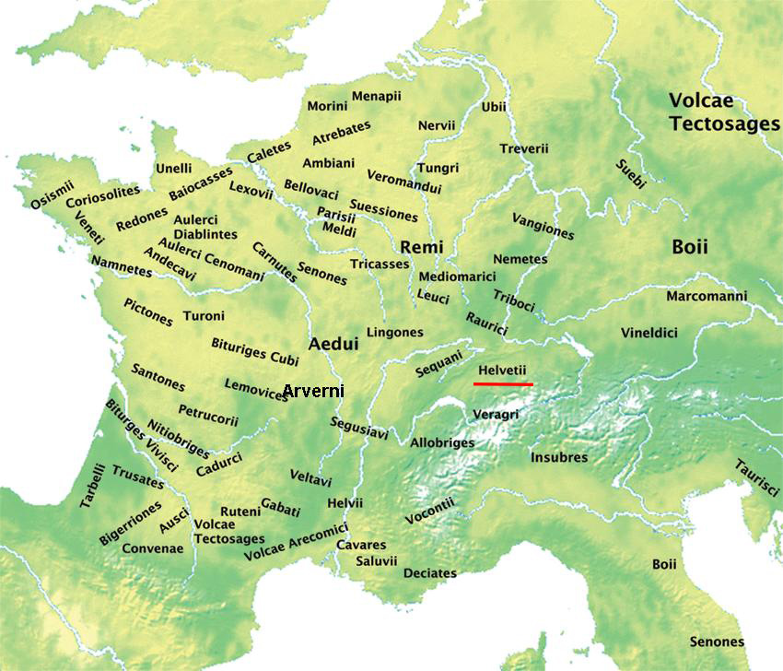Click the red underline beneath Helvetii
point(503,383)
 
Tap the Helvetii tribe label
point(502,370)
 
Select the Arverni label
point(313,391)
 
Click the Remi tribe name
point(422,247)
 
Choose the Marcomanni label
point(707,296)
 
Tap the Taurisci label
point(757,479)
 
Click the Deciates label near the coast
point(429,573)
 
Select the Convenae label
point(155,548)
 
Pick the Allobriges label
point(442,442)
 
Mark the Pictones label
point(147,312)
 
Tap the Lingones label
point(394,332)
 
